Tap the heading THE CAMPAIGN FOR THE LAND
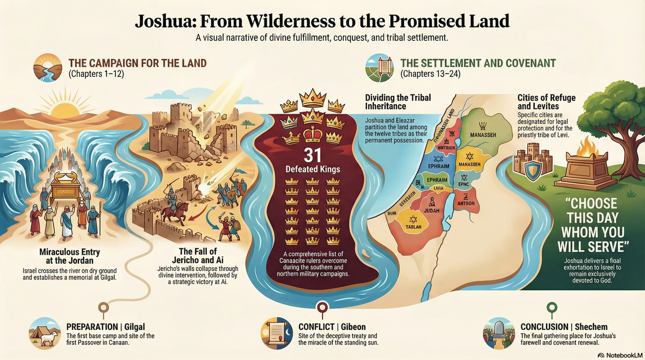[137, 63]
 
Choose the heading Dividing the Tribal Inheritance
[398, 102]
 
